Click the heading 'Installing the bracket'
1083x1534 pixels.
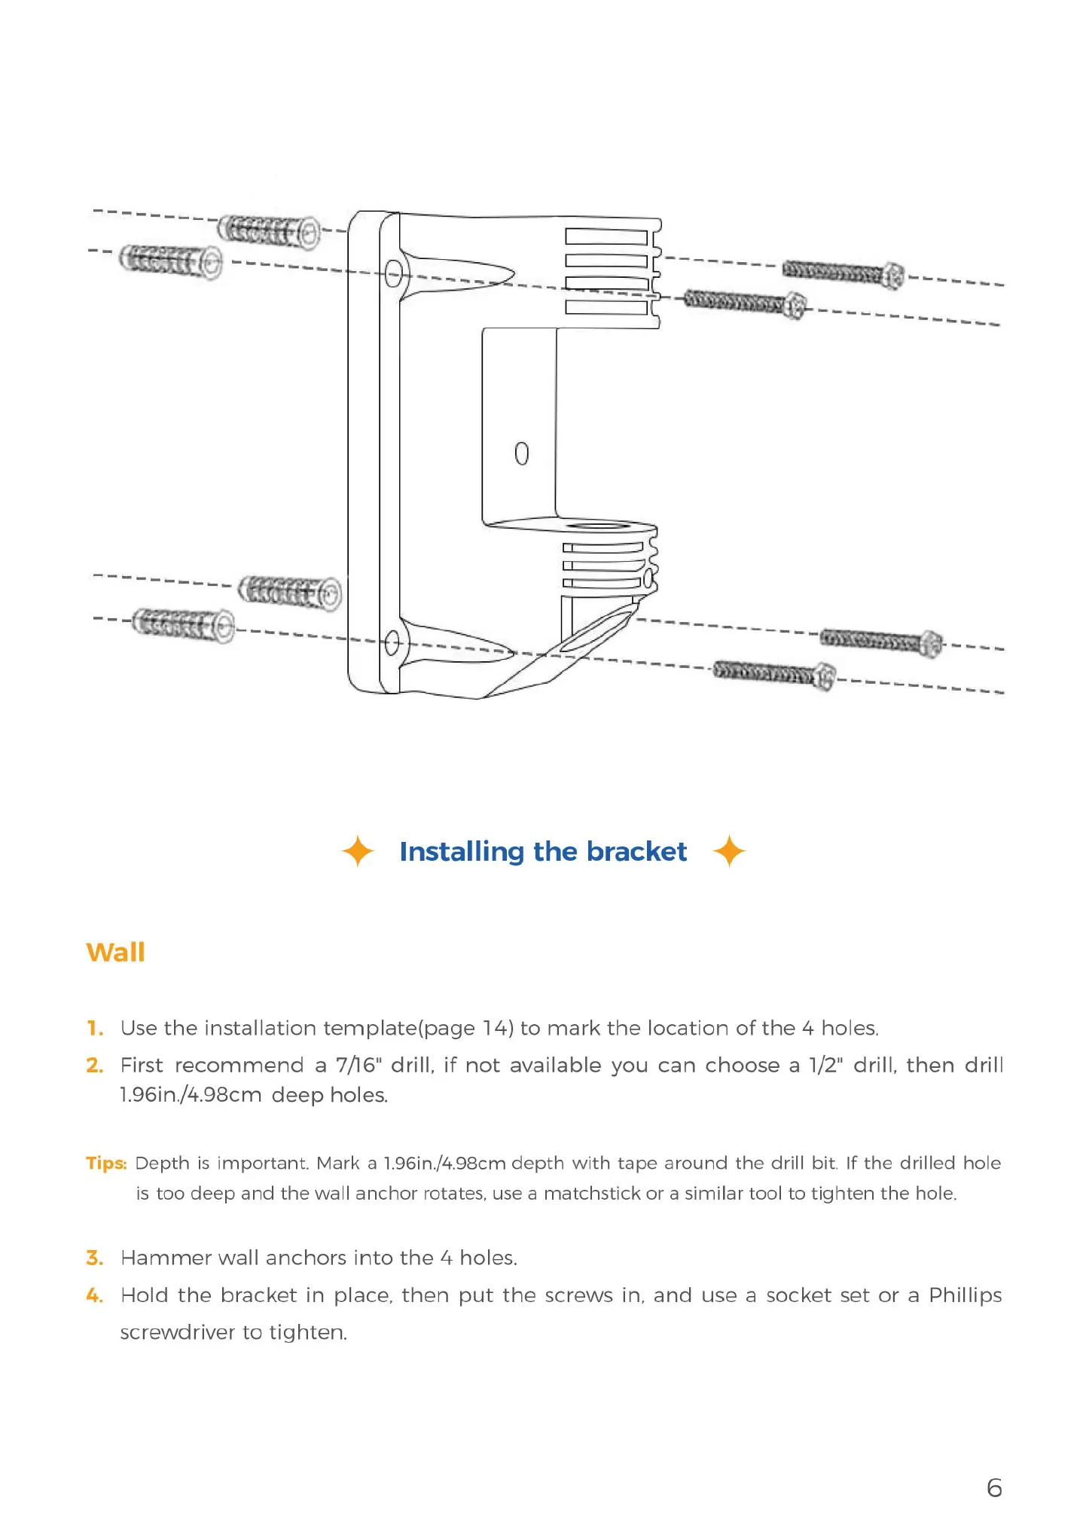click(x=542, y=852)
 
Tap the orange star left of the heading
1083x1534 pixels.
click(x=357, y=852)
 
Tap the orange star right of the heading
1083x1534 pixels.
click(x=729, y=851)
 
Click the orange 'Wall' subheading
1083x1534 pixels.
click(x=115, y=952)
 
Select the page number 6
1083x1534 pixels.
click(x=994, y=1487)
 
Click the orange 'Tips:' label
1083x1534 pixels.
click(x=106, y=1163)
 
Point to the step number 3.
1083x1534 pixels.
click(x=94, y=1258)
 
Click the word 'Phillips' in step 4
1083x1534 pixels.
click(x=965, y=1295)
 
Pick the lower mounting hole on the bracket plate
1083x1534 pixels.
click(x=392, y=644)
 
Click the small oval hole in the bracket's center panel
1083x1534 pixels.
click(x=521, y=453)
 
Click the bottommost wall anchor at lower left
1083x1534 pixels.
click(x=183, y=625)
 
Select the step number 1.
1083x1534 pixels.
click(x=94, y=1028)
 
